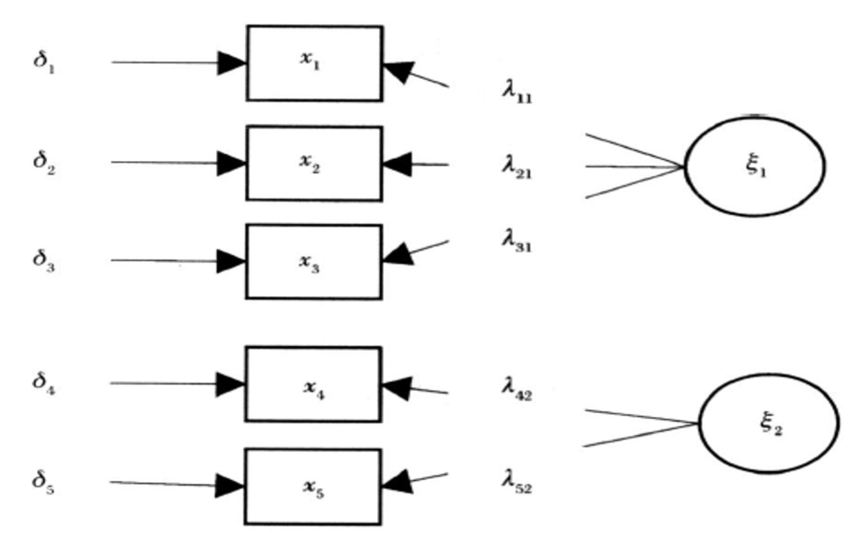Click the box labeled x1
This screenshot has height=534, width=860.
pos(314,63)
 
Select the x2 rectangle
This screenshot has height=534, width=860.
pos(314,163)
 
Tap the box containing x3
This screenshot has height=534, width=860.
pos(314,262)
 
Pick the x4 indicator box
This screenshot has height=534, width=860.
pos(313,384)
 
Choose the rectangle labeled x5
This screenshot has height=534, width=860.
pos(313,487)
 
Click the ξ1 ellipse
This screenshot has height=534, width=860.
pos(754,166)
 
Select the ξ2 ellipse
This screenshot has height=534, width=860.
pos(769,423)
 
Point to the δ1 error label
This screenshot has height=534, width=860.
pos(44,62)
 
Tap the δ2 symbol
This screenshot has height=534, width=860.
pos(44,162)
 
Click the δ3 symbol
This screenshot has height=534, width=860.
pos(44,260)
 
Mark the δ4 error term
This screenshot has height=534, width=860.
pos(44,383)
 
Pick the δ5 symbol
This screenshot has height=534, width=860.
pos(43,482)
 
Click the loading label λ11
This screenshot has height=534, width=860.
pos(516,92)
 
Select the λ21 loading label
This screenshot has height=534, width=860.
pos(516,167)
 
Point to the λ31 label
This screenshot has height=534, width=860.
pos(516,241)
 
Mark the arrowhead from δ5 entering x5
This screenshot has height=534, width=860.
pos(230,486)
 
